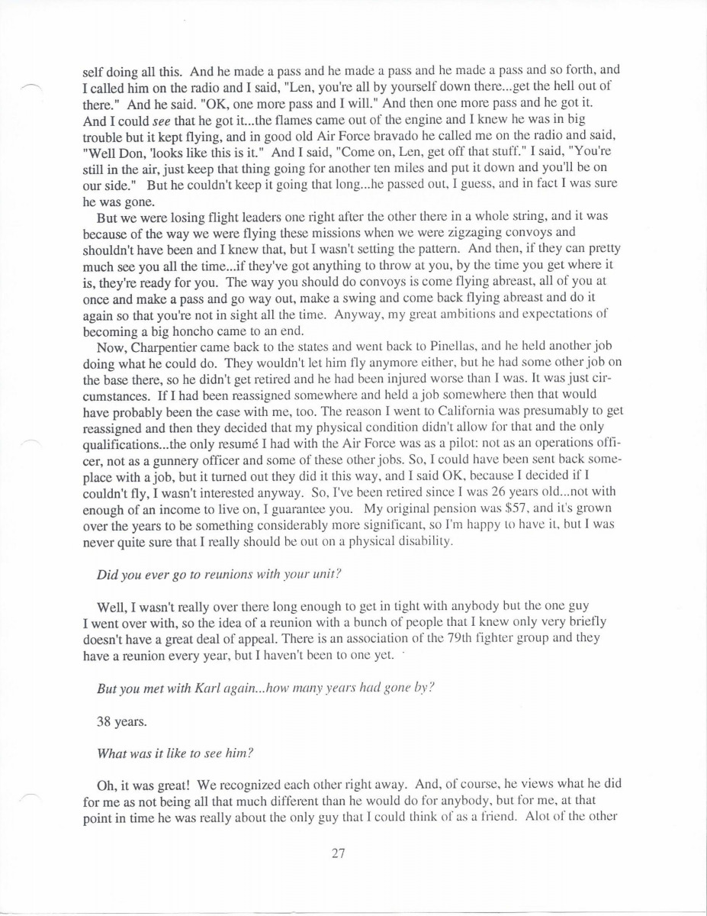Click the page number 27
pyautogui.click(x=339, y=853)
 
